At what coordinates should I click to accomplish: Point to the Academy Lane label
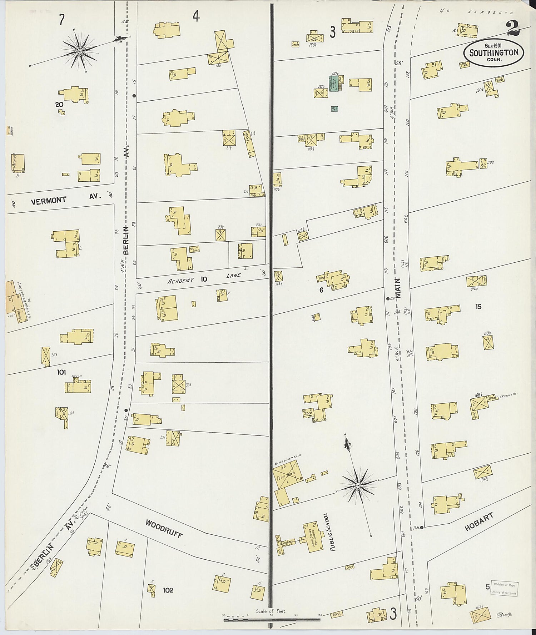[205, 279]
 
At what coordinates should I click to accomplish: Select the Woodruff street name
[164, 529]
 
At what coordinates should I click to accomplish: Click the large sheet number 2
[513, 29]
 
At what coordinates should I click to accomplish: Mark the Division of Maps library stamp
[505, 588]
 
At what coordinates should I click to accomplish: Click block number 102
[168, 590]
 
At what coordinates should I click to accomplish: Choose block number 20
[59, 105]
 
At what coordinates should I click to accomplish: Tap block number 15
[478, 306]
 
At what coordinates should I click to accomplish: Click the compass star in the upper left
[80, 51]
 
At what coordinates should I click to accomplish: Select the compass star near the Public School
[357, 485]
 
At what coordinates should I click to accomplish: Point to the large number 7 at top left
[62, 20]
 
